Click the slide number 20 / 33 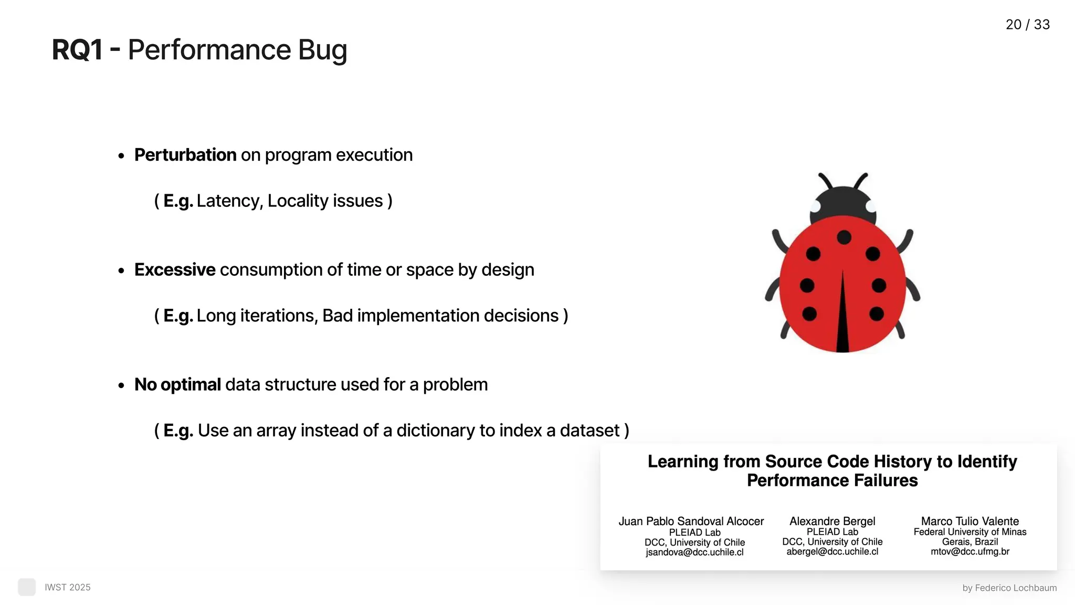click(x=1027, y=25)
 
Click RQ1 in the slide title click(x=77, y=50)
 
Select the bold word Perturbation click(x=185, y=155)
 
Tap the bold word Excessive click(x=174, y=270)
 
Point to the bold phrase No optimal click(x=177, y=384)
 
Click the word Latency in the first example click(x=228, y=201)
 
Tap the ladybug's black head click(x=843, y=202)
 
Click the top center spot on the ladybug click(x=844, y=237)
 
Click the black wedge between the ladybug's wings click(x=842, y=320)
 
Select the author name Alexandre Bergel click(x=832, y=521)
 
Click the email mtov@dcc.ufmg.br click(x=969, y=551)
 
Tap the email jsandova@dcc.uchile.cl click(x=694, y=552)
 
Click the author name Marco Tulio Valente click(x=969, y=521)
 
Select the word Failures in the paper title click(x=885, y=481)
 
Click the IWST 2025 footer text click(x=68, y=587)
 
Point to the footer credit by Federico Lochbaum click(x=1009, y=588)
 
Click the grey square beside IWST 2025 click(x=27, y=587)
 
